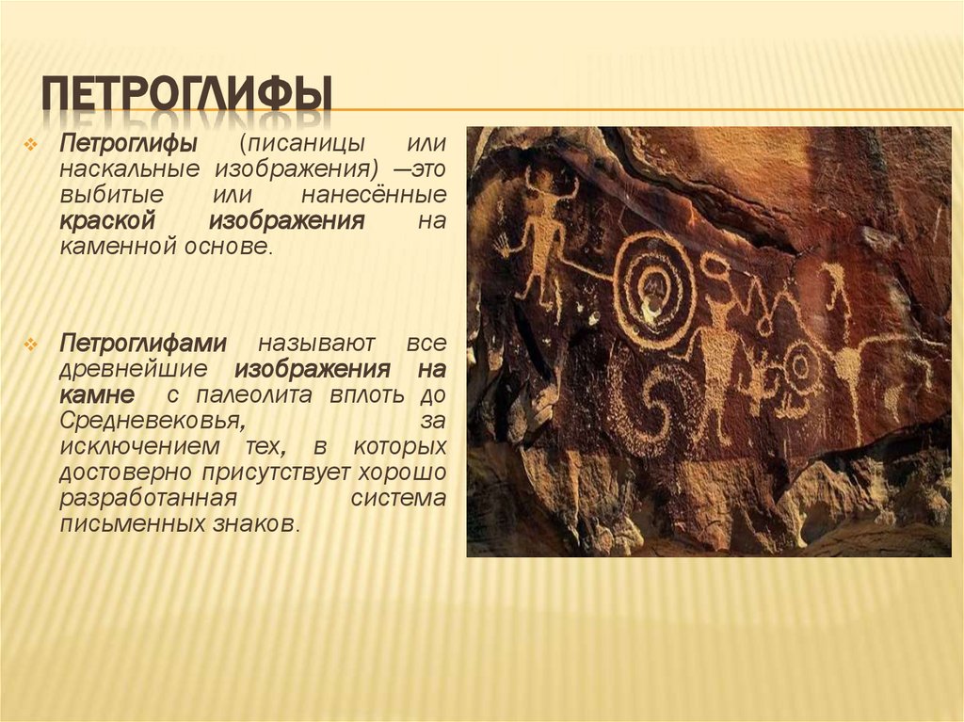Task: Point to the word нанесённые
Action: pyautogui.click(x=374, y=196)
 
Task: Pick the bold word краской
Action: pyautogui.click(x=105, y=221)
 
